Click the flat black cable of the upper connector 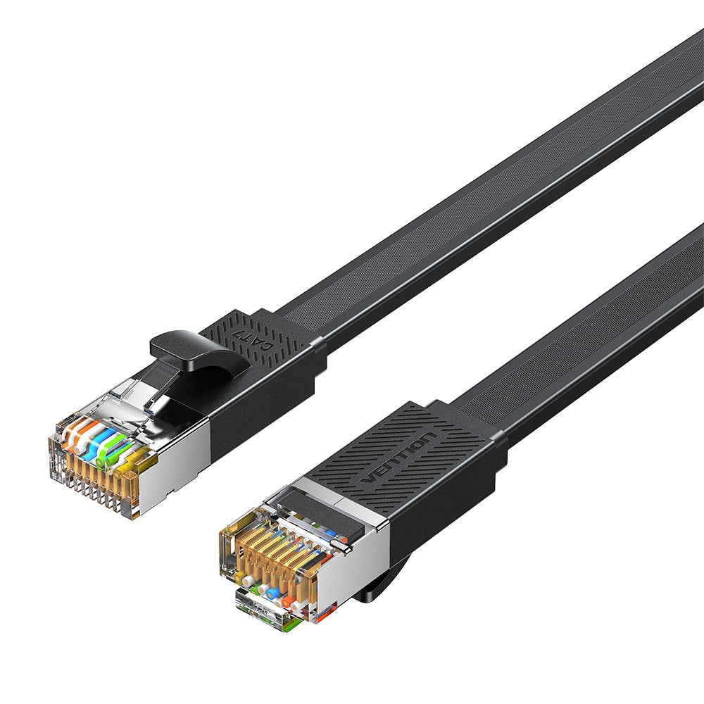click(493, 197)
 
